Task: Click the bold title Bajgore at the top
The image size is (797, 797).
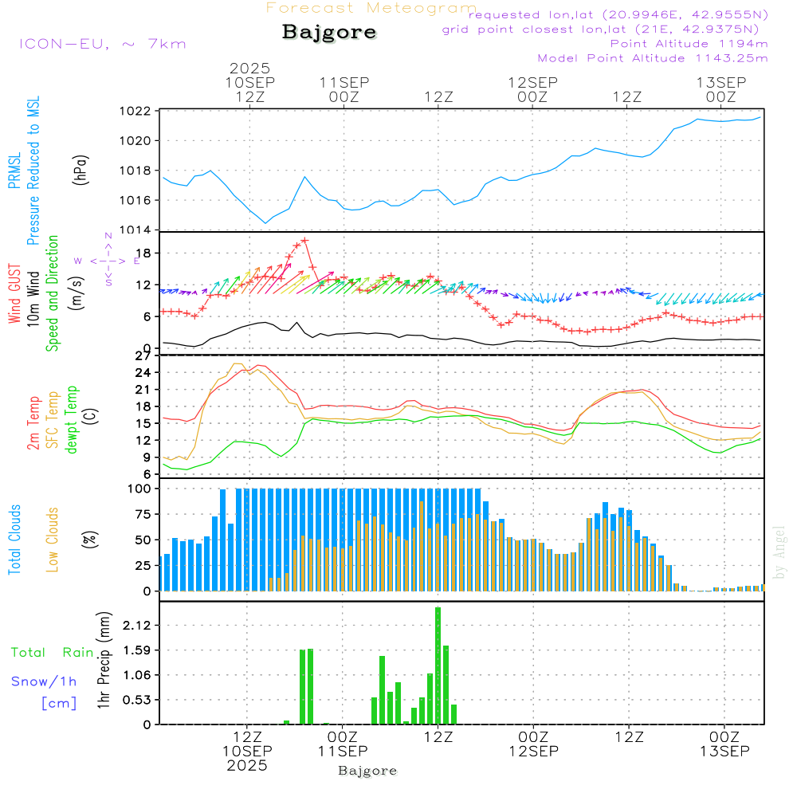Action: (x=329, y=33)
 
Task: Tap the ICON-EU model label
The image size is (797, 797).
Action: (x=102, y=44)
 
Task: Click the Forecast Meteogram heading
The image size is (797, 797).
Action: (x=371, y=8)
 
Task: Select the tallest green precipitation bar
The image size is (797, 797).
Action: (x=438, y=665)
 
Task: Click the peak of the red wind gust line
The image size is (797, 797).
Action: (x=304, y=240)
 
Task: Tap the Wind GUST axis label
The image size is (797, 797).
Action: (x=14, y=295)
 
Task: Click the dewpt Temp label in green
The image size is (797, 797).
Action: (x=73, y=419)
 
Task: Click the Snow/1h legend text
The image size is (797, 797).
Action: (x=45, y=681)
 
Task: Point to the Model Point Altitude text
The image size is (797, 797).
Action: (x=653, y=58)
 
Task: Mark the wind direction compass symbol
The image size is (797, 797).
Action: (x=108, y=260)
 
